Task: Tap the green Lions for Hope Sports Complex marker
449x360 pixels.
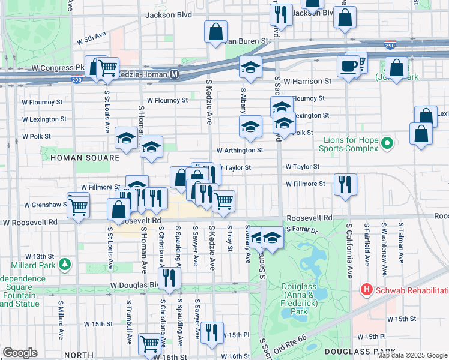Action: click(387, 143)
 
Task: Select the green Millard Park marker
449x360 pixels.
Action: click(64, 263)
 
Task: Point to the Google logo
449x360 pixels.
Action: click(20, 352)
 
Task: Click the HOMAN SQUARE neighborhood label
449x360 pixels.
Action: click(78, 158)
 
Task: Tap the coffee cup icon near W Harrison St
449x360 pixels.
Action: click(348, 65)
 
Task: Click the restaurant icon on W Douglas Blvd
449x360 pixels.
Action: click(170, 278)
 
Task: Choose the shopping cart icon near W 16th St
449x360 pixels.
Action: click(149, 344)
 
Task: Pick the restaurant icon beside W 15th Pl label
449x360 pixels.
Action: click(211, 332)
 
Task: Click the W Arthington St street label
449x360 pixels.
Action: click(240, 150)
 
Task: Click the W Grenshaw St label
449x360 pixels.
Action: click(44, 205)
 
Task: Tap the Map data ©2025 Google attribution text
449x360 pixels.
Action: click(412, 355)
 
